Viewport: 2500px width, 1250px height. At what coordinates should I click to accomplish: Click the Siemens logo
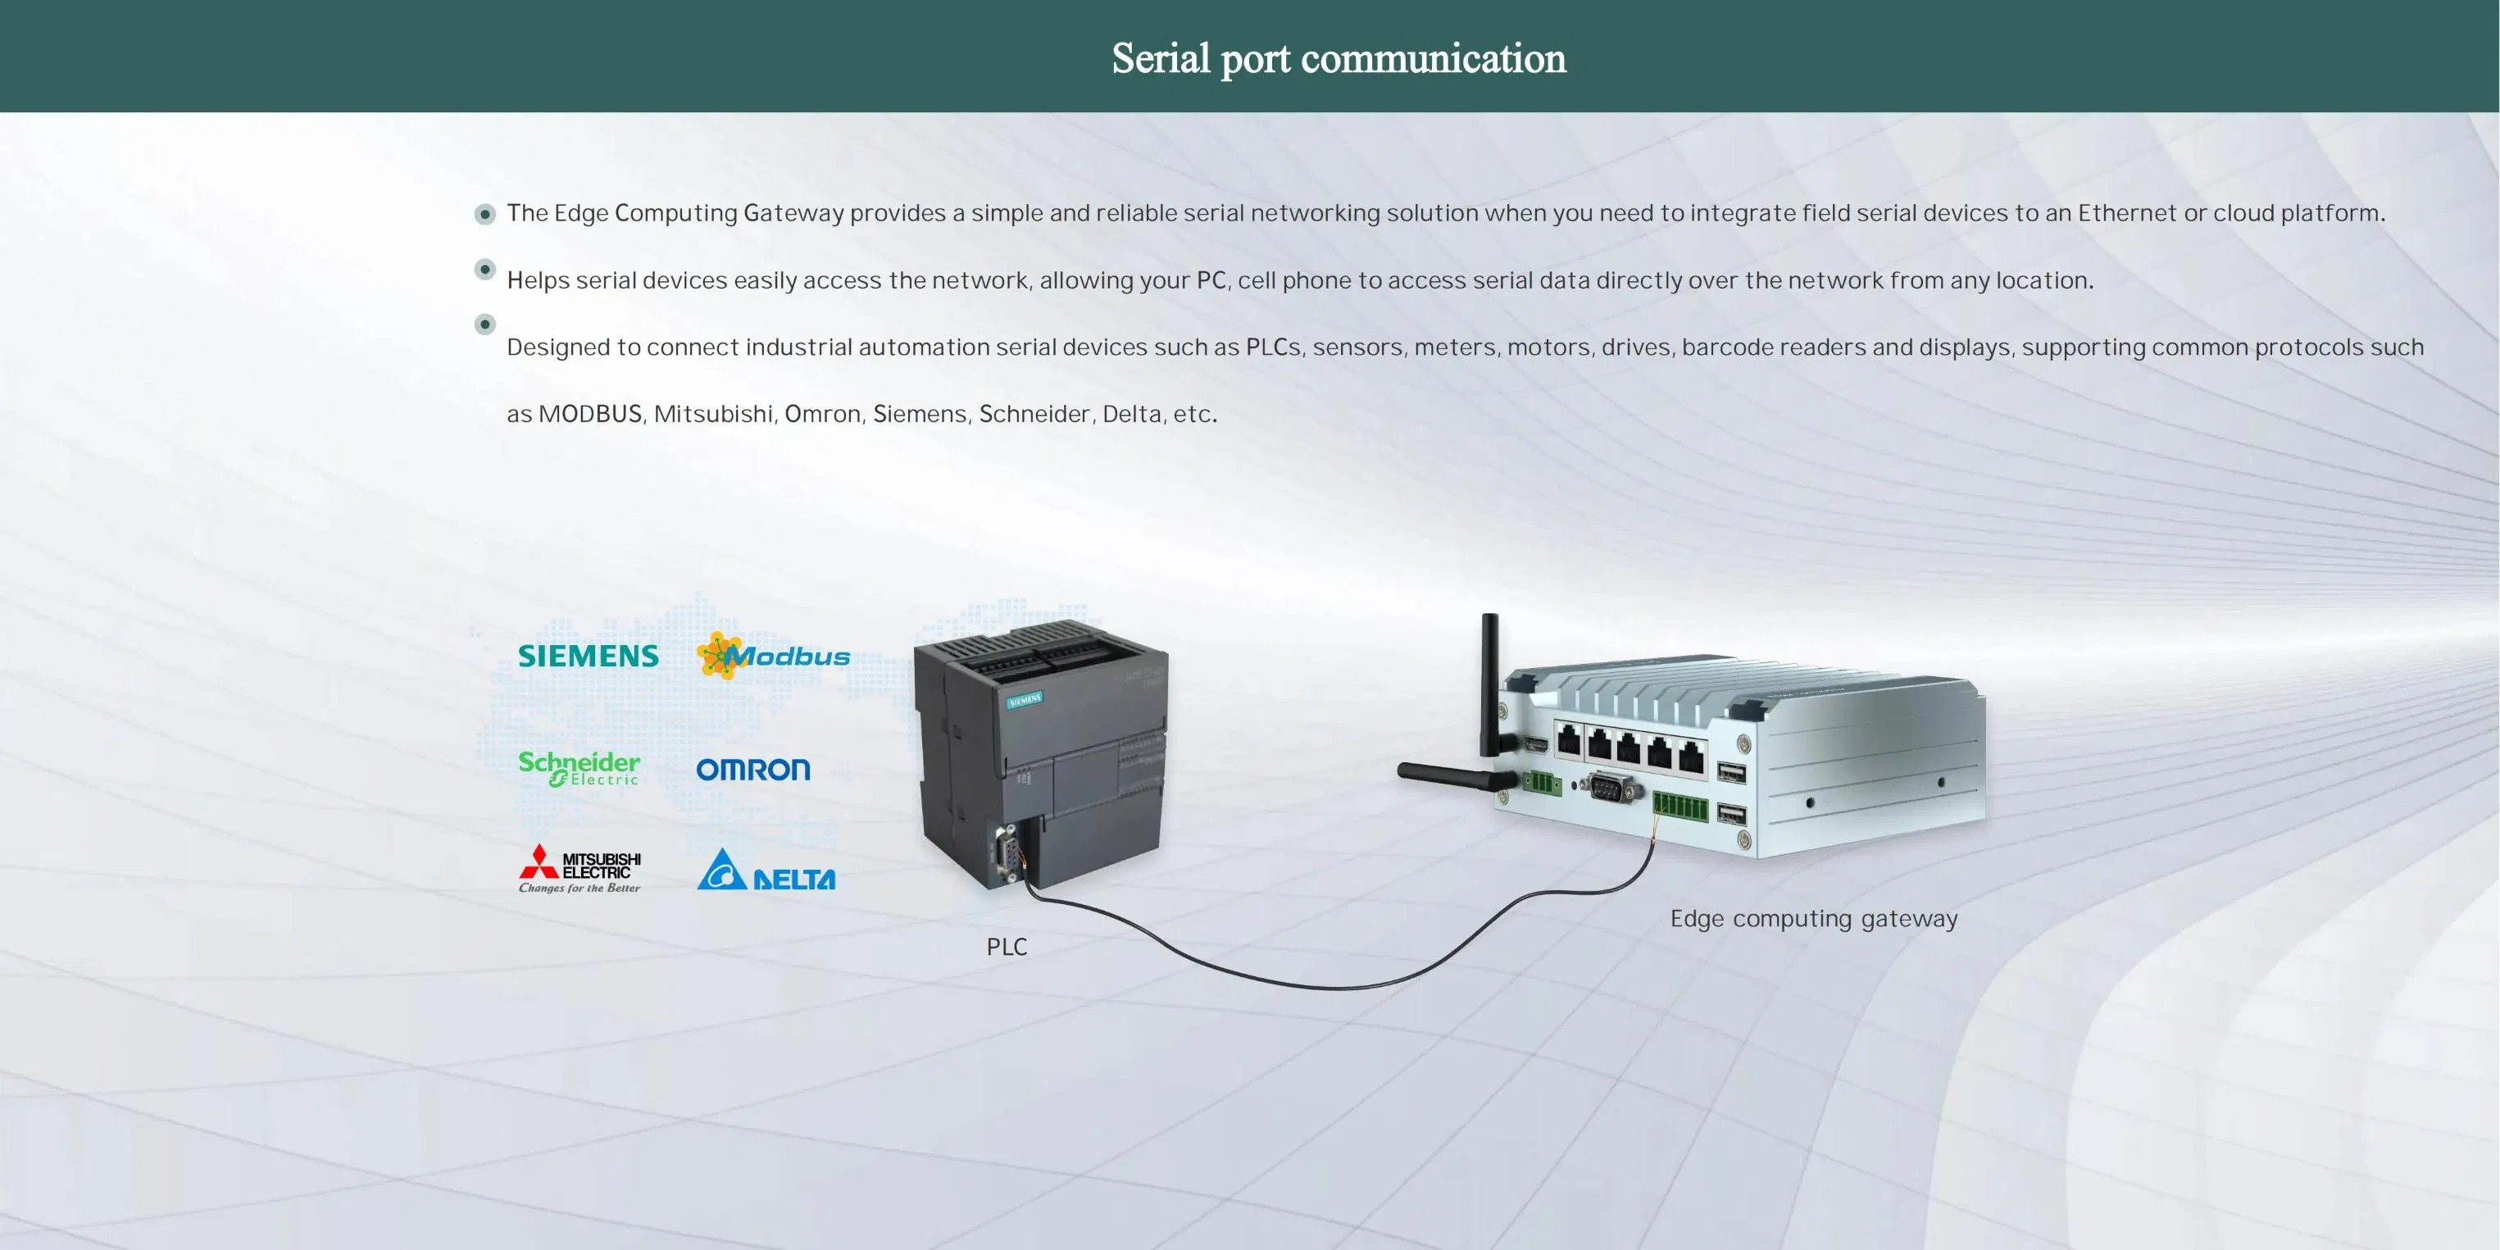click(x=589, y=656)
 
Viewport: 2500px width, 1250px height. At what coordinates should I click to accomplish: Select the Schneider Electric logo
click(x=580, y=768)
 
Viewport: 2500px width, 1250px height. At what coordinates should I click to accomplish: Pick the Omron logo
click(x=753, y=770)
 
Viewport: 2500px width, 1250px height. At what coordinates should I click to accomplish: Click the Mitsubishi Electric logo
click(x=580, y=868)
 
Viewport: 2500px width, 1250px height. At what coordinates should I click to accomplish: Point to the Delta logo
click(x=766, y=870)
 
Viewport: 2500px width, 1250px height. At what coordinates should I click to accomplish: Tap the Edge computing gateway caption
click(x=1813, y=919)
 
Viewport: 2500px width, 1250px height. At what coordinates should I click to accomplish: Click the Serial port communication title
click(x=1339, y=58)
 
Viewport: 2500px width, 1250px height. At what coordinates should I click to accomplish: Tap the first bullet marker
click(x=485, y=213)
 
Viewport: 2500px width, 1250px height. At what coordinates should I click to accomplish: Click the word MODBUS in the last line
click(x=590, y=415)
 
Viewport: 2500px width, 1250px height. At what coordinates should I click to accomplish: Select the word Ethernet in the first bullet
click(x=2126, y=213)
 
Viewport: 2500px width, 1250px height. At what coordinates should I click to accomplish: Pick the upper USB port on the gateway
click(x=1731, y=772)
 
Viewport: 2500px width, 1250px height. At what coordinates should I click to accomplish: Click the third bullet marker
click(x=485, y=324)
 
